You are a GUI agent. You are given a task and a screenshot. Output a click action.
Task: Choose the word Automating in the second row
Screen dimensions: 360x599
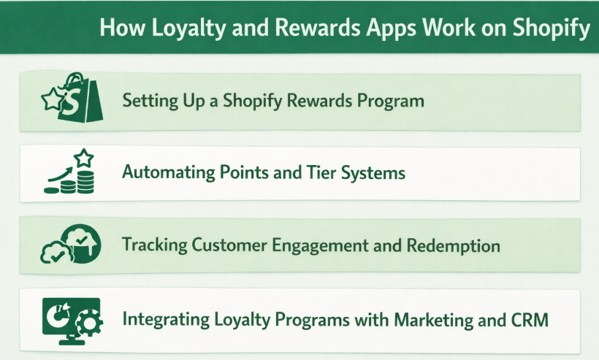168,173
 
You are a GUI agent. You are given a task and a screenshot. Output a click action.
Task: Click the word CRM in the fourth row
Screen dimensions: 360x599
529,319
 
